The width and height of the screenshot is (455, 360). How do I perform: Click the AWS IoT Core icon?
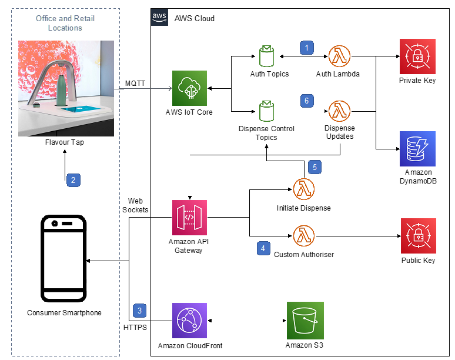point(189,88)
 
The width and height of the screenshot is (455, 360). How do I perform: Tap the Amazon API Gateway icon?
point(189,218)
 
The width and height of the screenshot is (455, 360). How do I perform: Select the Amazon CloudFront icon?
point(189,321)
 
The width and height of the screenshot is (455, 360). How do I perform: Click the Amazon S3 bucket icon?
point(305,321)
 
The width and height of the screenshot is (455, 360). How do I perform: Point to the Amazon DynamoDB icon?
point(417,149)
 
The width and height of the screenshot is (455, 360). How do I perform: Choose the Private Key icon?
point(417,56)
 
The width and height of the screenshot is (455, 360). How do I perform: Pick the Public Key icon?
point(419,236)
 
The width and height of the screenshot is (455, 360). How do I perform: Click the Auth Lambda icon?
point(339,56)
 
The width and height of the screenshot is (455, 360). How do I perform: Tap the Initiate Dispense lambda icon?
point(304,189)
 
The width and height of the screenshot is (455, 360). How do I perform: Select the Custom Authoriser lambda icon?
point(304,236)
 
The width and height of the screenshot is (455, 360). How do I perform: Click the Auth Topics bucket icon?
point(266,56)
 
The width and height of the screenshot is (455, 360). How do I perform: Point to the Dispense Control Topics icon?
point(266,111)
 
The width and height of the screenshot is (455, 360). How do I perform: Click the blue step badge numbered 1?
point(307,48)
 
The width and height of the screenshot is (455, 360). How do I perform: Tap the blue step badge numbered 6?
point(307,101)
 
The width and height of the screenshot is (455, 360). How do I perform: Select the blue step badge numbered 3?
point(139,311)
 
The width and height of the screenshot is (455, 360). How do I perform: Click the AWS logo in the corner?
point(159,17)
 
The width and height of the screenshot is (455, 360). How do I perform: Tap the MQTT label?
point(135,84)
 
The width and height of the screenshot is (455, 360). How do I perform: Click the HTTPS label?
point(135,328)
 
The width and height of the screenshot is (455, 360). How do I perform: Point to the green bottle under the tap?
point(62,90)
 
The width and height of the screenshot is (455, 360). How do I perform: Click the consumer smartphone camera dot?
point(54,224)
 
